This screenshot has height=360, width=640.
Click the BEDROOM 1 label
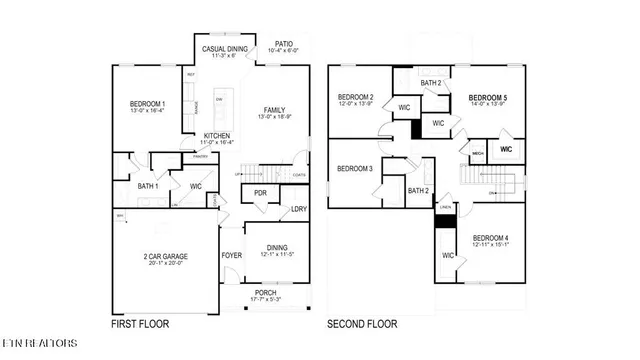pyautogui.click(x=148, y=105)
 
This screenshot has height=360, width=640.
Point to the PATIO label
pyautogui.click(x=284, y=44)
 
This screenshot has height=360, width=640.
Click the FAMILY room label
pyautogui.click(x=274, y=110)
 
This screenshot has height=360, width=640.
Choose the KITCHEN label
pyautogui.click(x=218, y=136)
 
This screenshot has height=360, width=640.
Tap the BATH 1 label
pyautogui.click(x=147, y=185)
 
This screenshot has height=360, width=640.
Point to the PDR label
pyautogui.click(x=260, y=193)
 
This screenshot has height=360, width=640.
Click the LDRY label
pyautogui.click(x=298, y=209)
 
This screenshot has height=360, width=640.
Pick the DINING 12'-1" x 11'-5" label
pyautogui.click(x=278, y=251)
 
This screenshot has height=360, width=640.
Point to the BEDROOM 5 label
pyautogui.click(x=488, y=98)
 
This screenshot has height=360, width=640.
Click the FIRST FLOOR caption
pyautogui.click(x=139, y=324)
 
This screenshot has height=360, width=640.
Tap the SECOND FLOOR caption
pyautogui.click(x=362, y=324)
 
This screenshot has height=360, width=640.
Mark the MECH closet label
pyautogui.click(x=478, y=153)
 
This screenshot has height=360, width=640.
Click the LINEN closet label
pyautogui.click(x=444, y=207)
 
